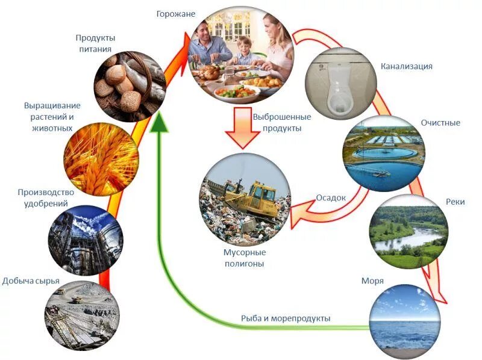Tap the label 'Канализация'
click(x=407, y=66)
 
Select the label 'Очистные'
click(x=440, y=123)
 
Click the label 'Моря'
click(x=372, y=281)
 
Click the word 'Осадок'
click(x=331, y=197)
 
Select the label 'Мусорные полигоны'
click(x=243, y=258)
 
